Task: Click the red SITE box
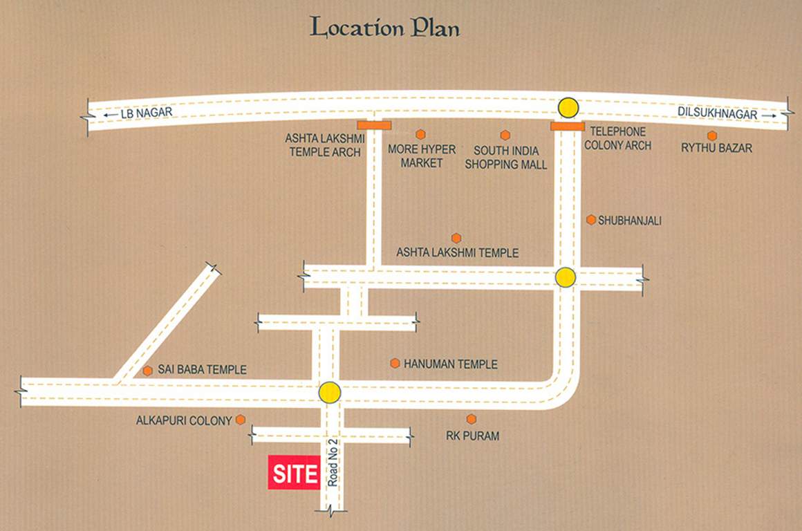(x=294, y=474)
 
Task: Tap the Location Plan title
(x=385, y=28)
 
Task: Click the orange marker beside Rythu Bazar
(x=712, y=136)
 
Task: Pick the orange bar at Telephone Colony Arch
(x=568, y=126)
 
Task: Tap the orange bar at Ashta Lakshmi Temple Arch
(x=374, y=125)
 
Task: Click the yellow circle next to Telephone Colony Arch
(x=568, y=107)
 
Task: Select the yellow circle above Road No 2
(x=330, y=393)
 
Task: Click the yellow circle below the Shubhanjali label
(x=566, y=277)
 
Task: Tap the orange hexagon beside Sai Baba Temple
(x=147, y=371)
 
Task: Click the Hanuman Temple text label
(x=450, y=364)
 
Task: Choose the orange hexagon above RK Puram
(x=472, y=419)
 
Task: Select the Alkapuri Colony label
(x=183, y=420)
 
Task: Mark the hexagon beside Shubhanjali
(x=591, y=220)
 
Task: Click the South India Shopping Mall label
(x=505, y=158)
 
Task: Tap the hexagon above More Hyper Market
(x=420, y=134)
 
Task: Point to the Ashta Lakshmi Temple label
(x=457, y=253)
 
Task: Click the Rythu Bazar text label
(x=716, y=148)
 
